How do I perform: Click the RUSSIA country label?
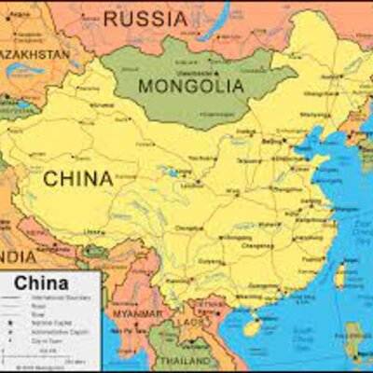click(145, 17)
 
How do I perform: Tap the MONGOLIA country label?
click(191, 85)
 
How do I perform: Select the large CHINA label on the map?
click(78, 177)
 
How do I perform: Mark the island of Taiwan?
click(340, 274)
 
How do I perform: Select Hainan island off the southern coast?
click(251, 326)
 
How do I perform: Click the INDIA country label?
click(17, 256)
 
